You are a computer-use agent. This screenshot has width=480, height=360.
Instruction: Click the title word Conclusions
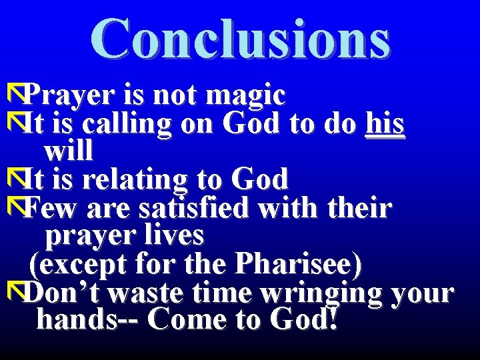pos(240,39)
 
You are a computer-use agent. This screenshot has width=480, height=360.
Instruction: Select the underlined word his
pos(385,124)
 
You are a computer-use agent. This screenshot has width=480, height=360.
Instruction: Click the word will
pos(68,151)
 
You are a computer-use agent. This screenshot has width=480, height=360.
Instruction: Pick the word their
pos(360,209)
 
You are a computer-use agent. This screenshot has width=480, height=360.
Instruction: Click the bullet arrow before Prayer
pos(13,94)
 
